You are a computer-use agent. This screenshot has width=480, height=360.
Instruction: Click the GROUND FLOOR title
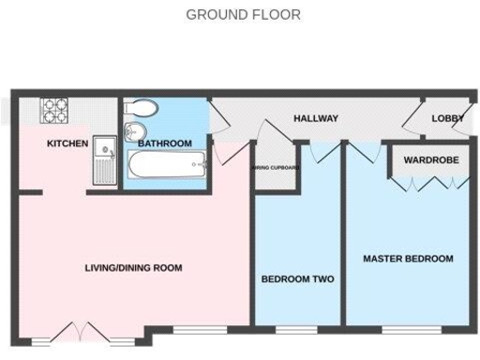tap(243, 14)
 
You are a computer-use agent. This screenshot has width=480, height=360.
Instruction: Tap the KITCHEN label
tap(67, 143)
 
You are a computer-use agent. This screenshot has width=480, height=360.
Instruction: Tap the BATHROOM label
tap(165, 143)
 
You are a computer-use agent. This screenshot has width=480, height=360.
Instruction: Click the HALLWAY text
tap(316, 118)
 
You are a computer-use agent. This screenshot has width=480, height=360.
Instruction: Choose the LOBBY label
tap(447, 119)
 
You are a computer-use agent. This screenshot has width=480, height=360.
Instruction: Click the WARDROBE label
tap(431, 160)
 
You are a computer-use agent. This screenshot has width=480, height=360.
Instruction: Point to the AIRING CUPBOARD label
tap(275, 168)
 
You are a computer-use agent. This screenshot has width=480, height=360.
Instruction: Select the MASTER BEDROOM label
tap(408, 259)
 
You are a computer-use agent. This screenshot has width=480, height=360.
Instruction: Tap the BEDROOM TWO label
tap(297, 279)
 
